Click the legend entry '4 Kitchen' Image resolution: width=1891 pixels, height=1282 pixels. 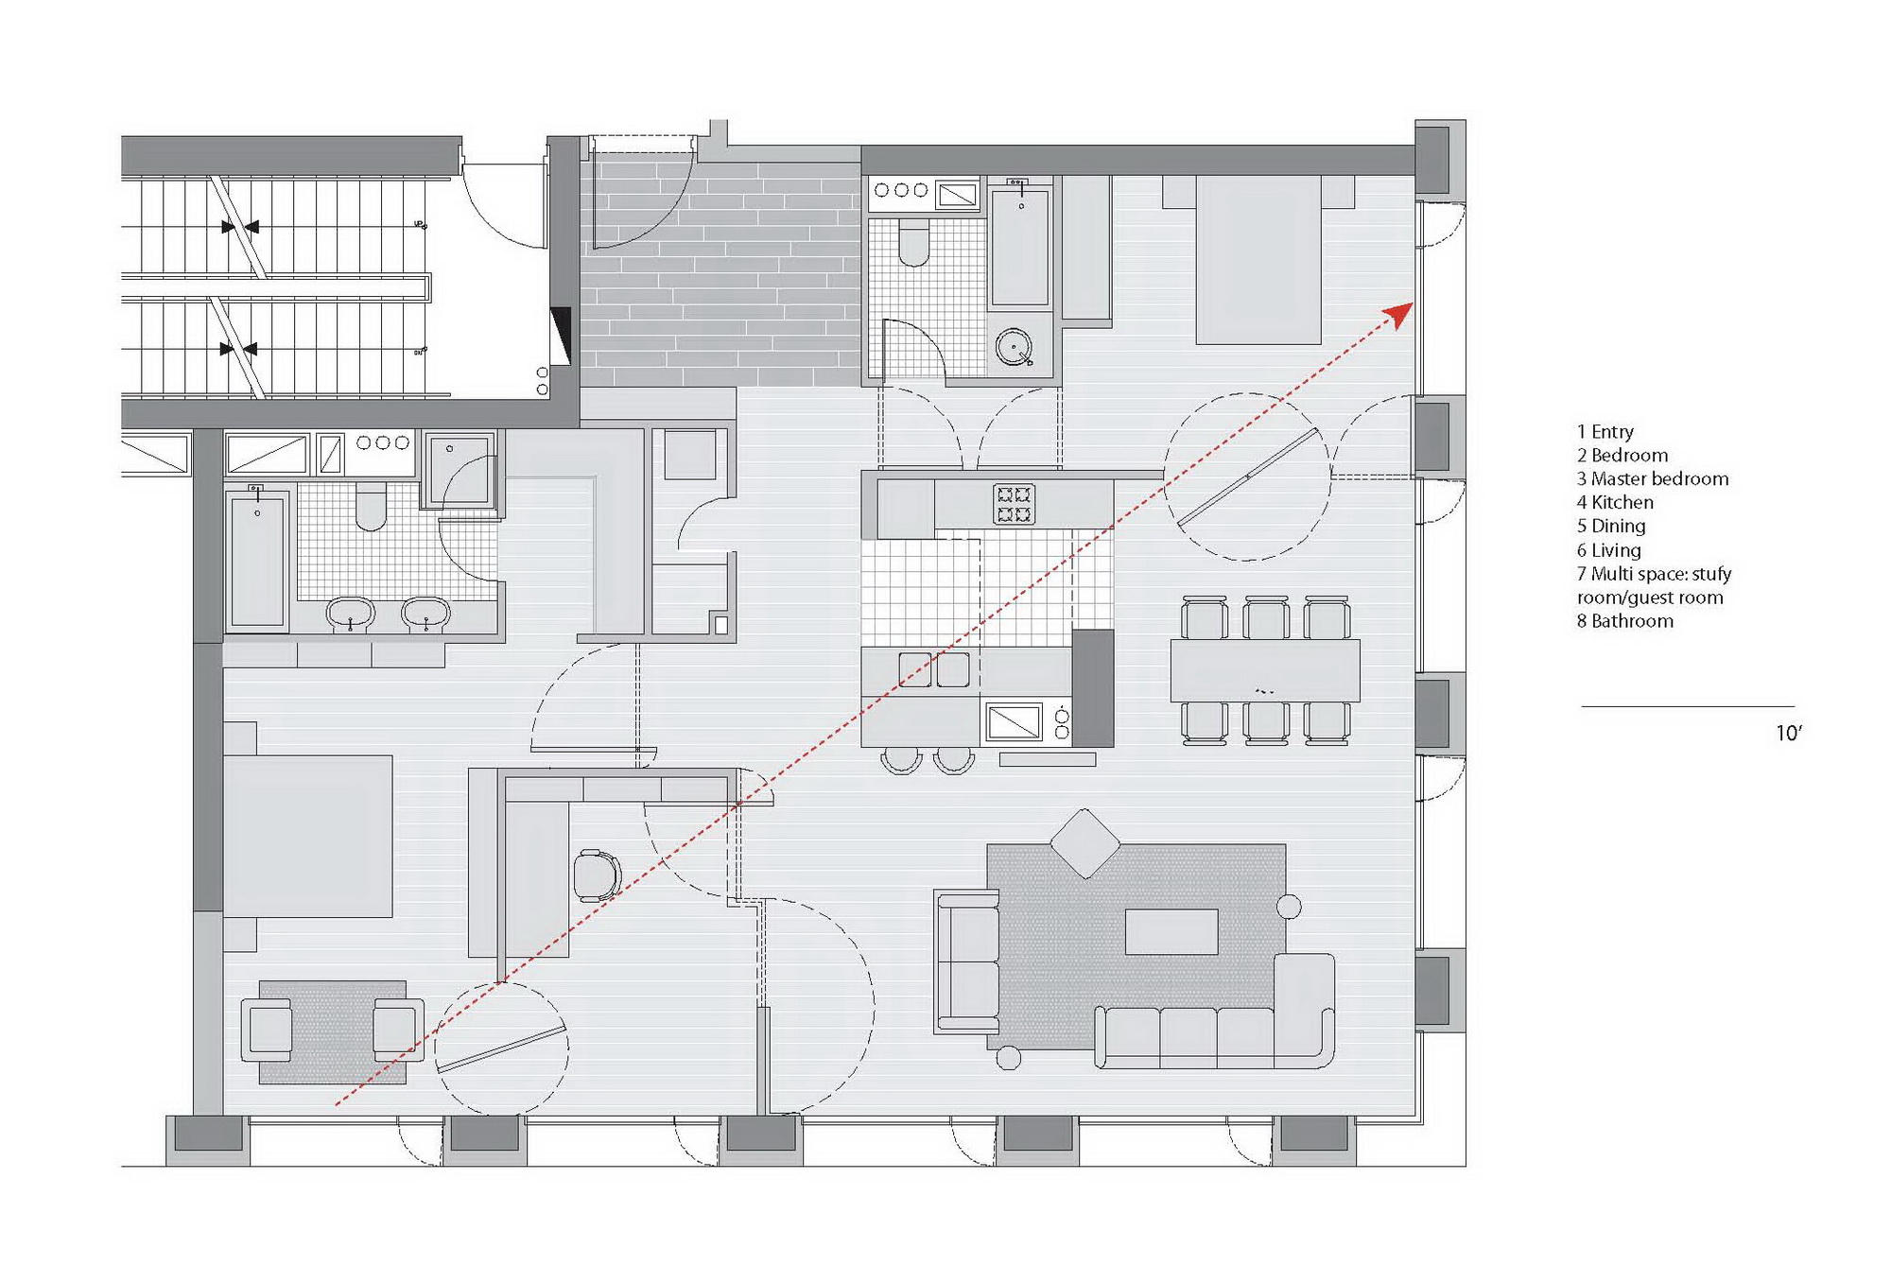[1615, 502]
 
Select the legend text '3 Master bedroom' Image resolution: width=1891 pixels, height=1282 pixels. [1653, 478]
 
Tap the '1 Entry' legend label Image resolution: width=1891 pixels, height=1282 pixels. [1605, 431]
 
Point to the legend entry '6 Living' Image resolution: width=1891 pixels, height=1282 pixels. [1608, 549]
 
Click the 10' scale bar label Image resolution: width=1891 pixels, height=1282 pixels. [1789, 733]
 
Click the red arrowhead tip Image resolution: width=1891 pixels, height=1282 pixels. [1413, 303]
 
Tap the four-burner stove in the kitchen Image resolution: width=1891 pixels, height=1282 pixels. [1014, 503]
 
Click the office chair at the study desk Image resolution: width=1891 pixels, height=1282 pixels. [598, 875]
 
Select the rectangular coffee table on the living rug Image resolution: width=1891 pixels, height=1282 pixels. [1171, 931]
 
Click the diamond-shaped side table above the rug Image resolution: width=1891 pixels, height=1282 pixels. [1084, 843]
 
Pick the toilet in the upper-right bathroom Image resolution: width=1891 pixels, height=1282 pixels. [913, 242]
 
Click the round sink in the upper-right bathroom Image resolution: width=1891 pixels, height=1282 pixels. [1014, 347]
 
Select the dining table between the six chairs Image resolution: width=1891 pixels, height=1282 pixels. [1265, 670]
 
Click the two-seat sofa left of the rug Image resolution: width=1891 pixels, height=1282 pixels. [967, 961]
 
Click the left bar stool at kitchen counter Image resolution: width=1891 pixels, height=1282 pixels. [901, 759]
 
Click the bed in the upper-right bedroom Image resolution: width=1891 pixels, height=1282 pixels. [1258, 259]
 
